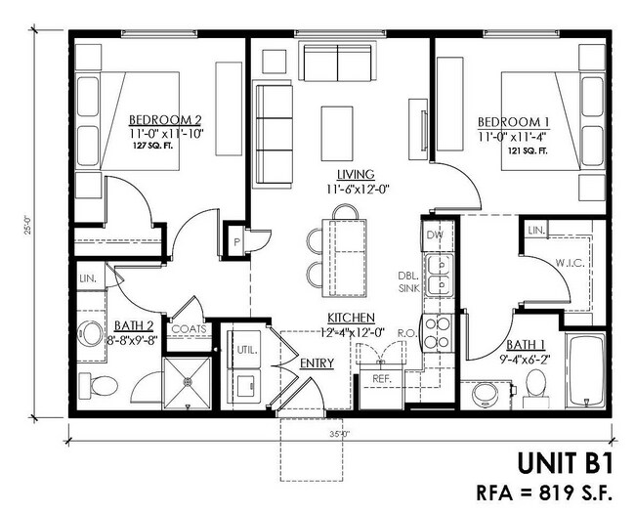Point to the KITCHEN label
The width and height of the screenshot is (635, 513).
point(352,318)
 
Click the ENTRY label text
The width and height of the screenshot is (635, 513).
point(318,363)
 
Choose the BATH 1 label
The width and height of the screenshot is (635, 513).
point(528,345)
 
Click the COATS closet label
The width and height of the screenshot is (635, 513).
point(190,329)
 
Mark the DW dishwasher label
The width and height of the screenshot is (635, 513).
point(435,235)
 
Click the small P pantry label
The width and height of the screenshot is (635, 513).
point(236,239)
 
